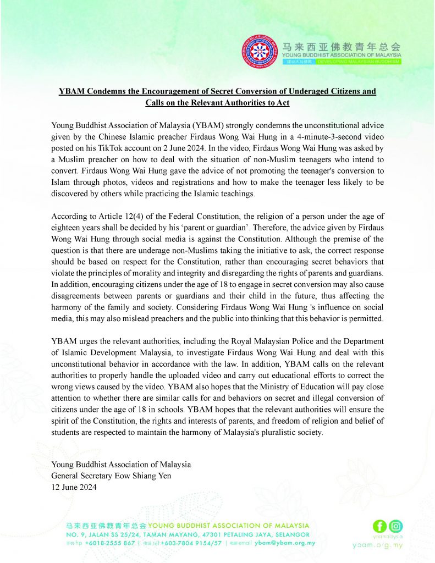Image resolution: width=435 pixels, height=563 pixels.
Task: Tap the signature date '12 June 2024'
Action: [74, 487]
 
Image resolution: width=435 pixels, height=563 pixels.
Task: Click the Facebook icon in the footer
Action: [379, 526]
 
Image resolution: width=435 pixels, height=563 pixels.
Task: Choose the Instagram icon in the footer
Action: [395, 526]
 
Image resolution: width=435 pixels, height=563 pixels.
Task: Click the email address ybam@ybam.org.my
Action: [284, 543]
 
